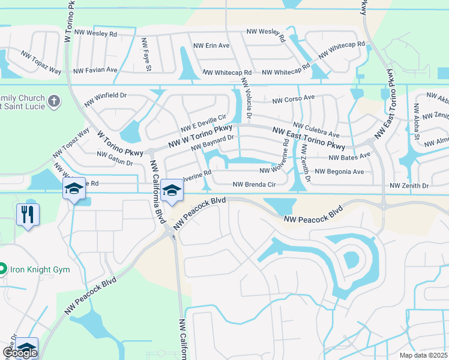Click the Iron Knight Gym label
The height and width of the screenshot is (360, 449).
40,269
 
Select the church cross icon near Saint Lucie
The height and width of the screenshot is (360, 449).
54,101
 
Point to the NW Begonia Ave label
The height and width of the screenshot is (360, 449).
339,172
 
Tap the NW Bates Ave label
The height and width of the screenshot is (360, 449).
349,157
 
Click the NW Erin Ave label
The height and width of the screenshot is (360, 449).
211,46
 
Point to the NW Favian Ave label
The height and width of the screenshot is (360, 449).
95,70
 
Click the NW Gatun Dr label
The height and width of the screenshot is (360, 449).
115,158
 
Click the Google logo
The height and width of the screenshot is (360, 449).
20,353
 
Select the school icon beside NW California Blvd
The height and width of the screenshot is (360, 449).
172,191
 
